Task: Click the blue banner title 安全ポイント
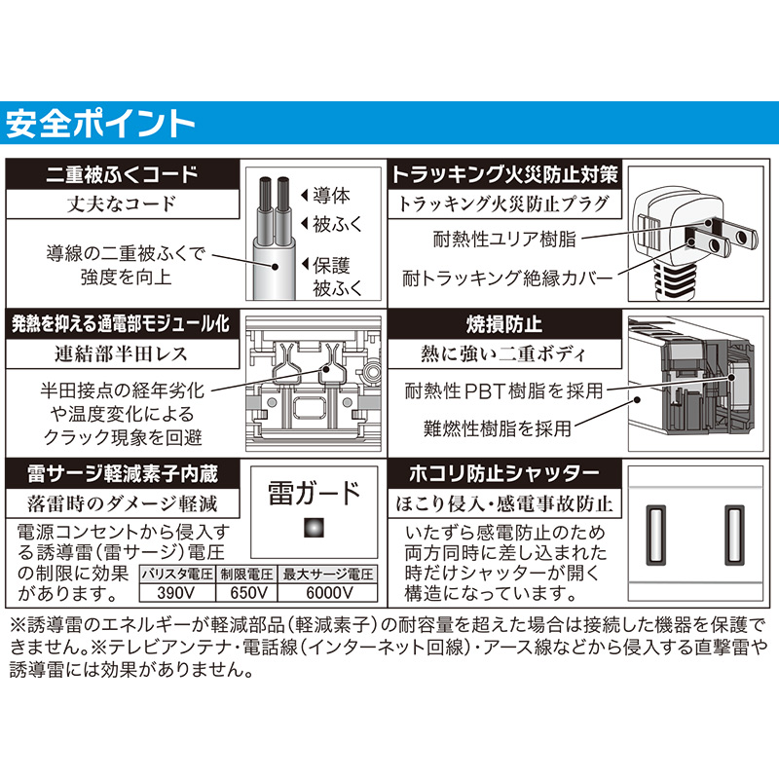(x=100, y=124)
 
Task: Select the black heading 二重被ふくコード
(x=123, y=174)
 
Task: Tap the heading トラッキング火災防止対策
(x=504, y=174)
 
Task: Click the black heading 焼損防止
(x=504, y=324)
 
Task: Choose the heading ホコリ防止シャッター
(x=504, y=473)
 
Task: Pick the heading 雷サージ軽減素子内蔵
(x=123, y=473)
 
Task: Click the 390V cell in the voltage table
(x=176, y=593)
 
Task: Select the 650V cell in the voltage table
(x=247, y=593)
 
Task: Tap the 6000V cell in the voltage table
(x=328, y=593)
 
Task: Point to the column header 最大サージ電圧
(x=328, y=575)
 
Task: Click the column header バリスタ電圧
(x=177, y=575)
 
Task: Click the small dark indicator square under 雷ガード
(x=314, y=528)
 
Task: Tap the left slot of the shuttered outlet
(x=655, y=535)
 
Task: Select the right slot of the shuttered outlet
(x=735, y=535)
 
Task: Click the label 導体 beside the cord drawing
(x=331, y=196)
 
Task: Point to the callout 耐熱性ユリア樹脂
(x=504, y=239)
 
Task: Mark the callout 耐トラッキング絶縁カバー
(x=507, y=278)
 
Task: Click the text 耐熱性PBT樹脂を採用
(x=503, y=391)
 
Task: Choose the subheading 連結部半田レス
(x=121, y=353)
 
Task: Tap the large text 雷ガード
(x=314, y=493)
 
